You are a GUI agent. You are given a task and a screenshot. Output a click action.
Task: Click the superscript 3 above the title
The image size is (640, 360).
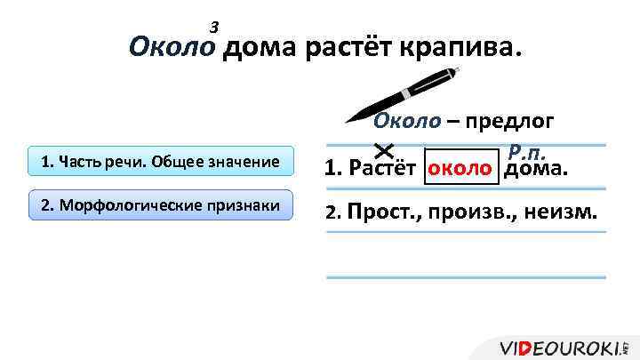tap(213, 28)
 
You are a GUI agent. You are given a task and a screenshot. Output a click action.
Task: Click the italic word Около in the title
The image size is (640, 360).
tap(173, 47)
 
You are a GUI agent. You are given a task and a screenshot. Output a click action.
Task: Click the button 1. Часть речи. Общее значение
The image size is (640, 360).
tap(160, 163)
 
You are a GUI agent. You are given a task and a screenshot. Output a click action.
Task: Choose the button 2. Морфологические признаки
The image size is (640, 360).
tap(160, 205)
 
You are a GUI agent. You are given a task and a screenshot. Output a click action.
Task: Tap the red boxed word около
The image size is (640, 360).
tap(461, 167)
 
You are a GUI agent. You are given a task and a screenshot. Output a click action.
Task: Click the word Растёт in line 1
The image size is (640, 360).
tap(383, 168)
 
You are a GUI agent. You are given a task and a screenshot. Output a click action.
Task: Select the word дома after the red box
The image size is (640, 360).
tap(536, 168)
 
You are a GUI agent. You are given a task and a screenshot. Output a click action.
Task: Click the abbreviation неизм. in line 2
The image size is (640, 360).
tap(563, 212)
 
